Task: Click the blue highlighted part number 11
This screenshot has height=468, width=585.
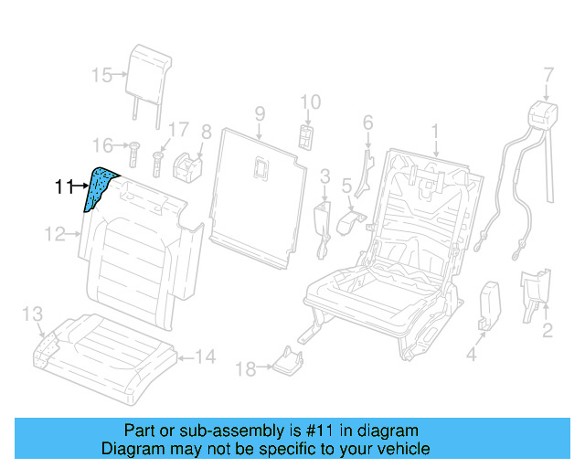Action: [99, 189]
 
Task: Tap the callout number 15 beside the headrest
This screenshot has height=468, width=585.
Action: [101, 74]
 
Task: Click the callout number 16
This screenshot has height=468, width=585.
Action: [101, 144]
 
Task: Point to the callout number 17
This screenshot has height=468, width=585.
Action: [178, 130]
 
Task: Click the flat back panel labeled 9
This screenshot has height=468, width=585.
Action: [256, 192]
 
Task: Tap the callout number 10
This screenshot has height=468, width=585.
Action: [311, 101]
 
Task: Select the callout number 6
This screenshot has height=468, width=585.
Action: [367, 122]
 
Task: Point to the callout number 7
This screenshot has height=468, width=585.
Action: [548, 74]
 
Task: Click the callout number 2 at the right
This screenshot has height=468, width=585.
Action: [547, 330]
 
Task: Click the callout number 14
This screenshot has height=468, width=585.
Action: [206, 357]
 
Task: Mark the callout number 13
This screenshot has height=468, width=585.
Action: [32, 315]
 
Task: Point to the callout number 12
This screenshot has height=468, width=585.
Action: [57, 235]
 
